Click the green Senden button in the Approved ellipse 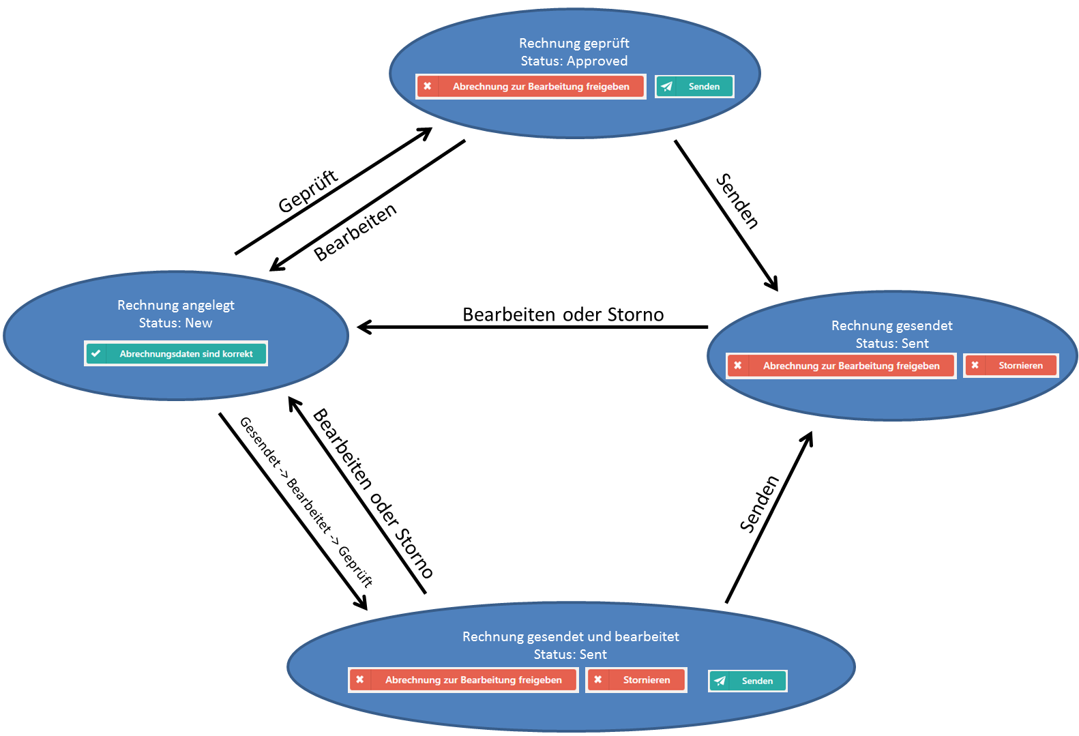click(x=694, y=87)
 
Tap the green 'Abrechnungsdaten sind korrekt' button click(x=176, y=353)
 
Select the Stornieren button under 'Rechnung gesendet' click(x=1011, y=366)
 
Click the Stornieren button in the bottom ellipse click(x=636, y=680)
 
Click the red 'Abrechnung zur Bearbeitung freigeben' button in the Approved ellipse click(x=531, y=87)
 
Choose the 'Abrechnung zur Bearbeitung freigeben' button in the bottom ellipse click(x=463, y=680)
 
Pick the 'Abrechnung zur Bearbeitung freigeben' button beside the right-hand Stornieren click(x=841, y=366)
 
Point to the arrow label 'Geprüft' click(x=308, y=192)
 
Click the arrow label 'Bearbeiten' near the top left click(x=355, y=233)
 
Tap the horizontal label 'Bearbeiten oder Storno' click(x=563, y=314)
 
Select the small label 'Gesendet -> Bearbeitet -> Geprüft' click(x=306, y=502)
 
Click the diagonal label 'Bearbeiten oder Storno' click(x=372, y=493)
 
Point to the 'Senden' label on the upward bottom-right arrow click(x=759, y=504)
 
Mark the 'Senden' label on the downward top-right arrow click(x=737, y=201)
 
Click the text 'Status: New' click(x=176, y=323)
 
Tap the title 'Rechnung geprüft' click(x=574, y=43)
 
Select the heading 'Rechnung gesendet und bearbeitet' click(x=570, y=636)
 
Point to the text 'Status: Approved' click(x=574, y=61)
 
